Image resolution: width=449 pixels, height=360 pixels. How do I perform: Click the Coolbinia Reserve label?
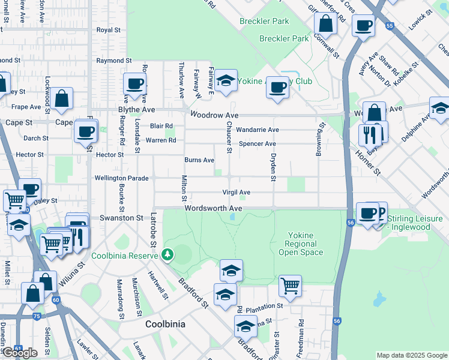[x=125, y=256]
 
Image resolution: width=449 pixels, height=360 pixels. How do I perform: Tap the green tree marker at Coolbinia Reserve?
[x=168, y=255]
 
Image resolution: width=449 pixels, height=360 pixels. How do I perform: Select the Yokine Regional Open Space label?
[x=301, y=244]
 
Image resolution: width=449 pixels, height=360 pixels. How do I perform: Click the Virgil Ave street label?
[x=236, y=193]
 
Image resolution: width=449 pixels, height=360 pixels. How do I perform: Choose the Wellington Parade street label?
[x=121, y=178]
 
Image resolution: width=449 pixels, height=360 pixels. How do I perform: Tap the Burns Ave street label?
[x=199, y=160]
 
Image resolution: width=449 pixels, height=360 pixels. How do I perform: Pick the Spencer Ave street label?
[x=257, y=144]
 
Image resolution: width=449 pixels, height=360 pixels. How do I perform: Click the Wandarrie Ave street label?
[x=258, y=130]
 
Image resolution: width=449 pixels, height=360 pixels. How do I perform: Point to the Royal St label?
[x=109, y=29]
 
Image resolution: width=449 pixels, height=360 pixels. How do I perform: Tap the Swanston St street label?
[x=121, y=218]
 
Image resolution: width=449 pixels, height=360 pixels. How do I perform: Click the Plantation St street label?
[x=263, y=306]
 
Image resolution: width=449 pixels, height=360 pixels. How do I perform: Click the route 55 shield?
[x=390, y=26]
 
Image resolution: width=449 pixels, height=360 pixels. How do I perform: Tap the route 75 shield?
[x=37, y=316]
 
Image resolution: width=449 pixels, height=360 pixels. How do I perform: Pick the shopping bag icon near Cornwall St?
[x=325, y=24]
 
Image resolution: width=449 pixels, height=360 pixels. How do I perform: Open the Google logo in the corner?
[x=20, y=353]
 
